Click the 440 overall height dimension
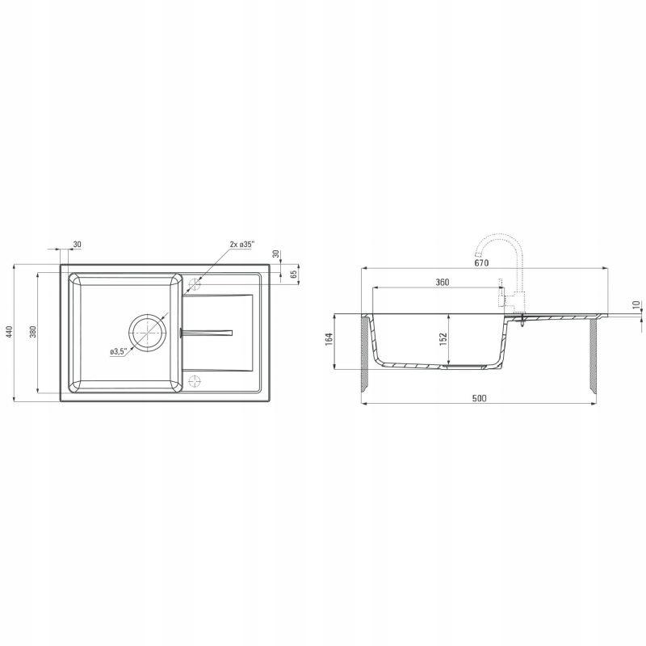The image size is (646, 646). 10,332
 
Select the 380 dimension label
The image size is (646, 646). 33,332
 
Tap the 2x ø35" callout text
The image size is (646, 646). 242,244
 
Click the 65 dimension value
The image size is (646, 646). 294,273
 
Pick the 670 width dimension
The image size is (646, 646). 481,262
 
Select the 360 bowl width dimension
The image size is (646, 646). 442,282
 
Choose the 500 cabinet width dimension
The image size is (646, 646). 479,398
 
